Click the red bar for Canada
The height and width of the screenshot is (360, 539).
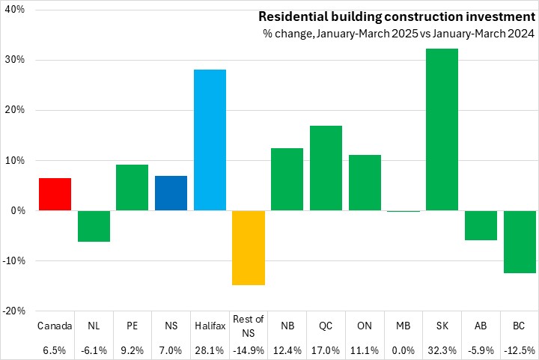[x=55, y=194]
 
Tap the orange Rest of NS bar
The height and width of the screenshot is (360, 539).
[x=249, y=248]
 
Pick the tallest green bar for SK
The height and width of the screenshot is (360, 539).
[x=442, y=129]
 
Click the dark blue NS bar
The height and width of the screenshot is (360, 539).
[x=171, y=193]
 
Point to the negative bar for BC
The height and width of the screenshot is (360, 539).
[x=520, y=242]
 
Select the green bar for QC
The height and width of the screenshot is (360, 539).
[x=326, y=168]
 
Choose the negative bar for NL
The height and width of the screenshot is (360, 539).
[x=94, y=226]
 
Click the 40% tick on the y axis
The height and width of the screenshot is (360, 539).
[x=15, y=10]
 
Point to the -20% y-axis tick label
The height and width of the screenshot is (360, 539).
[x=13, y=311]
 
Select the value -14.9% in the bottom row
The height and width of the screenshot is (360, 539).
[x=249, y=350]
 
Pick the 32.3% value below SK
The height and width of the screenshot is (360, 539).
[x=442, y=350]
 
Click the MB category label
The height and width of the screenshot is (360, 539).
[x=403, y=326]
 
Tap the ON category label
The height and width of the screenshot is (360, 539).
[x=365, y=326]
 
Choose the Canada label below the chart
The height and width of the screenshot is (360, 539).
[x=55, y=326]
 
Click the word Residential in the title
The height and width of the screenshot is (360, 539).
[x=291, y=16]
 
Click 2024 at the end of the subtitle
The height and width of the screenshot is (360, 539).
[x=522, y=33]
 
